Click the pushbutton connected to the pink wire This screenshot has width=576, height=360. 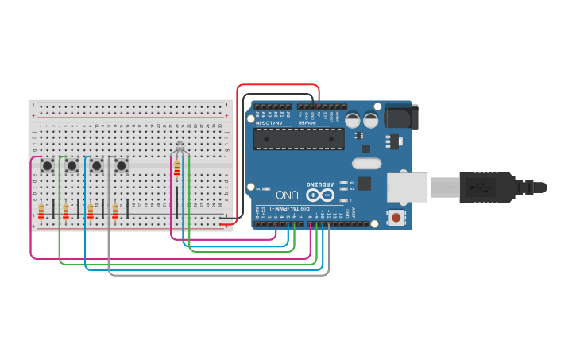(47, 165)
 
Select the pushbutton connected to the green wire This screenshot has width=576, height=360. (72, 165)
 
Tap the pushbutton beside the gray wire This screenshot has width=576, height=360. (122, 165)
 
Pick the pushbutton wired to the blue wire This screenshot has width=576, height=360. (97, 165)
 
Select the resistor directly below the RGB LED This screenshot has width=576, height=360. (176, 168)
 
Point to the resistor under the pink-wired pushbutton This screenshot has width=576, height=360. (41, 211)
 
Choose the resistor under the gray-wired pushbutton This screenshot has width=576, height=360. (115, 211)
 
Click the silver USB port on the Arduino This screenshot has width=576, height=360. (407, 188)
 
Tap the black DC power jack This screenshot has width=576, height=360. (399, 118)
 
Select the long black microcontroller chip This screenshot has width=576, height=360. (299, 138)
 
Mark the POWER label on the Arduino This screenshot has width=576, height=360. (307, 122)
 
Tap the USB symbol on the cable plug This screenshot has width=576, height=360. (476, 188)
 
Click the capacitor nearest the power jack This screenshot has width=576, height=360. (370, 120)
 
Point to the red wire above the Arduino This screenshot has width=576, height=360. (278, 85)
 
